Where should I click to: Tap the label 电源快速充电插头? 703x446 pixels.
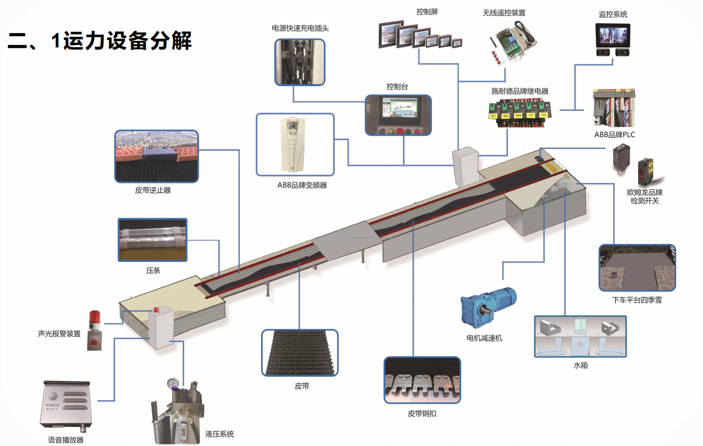[300, 28]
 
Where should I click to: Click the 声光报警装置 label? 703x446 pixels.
[59, 334]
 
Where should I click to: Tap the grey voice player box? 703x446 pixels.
[66, 404]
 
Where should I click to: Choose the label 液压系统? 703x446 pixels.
[220, 434]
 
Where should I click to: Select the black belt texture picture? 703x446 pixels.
[300, 353]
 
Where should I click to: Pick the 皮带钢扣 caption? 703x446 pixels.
[422, 414]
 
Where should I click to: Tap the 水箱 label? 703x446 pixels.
[581, 366]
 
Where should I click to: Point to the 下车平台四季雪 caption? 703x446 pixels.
[637, 300]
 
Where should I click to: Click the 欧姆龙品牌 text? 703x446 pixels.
[645, 192]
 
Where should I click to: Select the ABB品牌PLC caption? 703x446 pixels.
[615, 135]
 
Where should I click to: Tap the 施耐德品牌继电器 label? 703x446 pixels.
[520, 91]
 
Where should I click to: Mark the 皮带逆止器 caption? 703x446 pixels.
[153, 190]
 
